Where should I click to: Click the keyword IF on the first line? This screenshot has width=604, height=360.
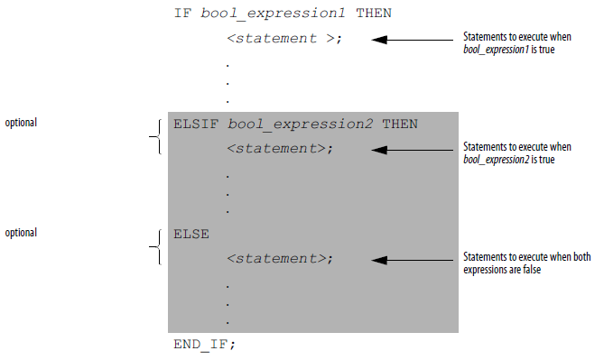coord(182,14)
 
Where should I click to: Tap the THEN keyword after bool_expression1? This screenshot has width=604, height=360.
coord(376,14)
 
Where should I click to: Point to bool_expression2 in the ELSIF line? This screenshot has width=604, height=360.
coord(301,124)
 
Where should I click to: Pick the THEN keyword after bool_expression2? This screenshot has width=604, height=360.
coord(400,124)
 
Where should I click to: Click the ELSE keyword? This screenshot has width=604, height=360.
coord(191,234)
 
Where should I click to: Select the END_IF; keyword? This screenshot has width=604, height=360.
coord(204,345)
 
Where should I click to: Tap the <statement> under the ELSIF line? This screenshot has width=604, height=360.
coord(280,149)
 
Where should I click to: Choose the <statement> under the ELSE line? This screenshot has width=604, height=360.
coord(280,259)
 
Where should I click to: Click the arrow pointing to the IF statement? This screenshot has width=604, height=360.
coord(416,40)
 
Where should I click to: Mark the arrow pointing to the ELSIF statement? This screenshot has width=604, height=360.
coord(416,150)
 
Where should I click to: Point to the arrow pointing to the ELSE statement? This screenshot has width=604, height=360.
coord(416,260)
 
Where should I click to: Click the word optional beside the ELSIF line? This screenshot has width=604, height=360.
coord(22,122)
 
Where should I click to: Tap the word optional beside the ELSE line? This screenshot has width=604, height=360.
coord(22,232)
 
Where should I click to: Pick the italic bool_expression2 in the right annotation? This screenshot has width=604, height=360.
coord(496,160)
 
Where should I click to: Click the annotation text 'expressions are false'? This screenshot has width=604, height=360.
coord(502,270)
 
